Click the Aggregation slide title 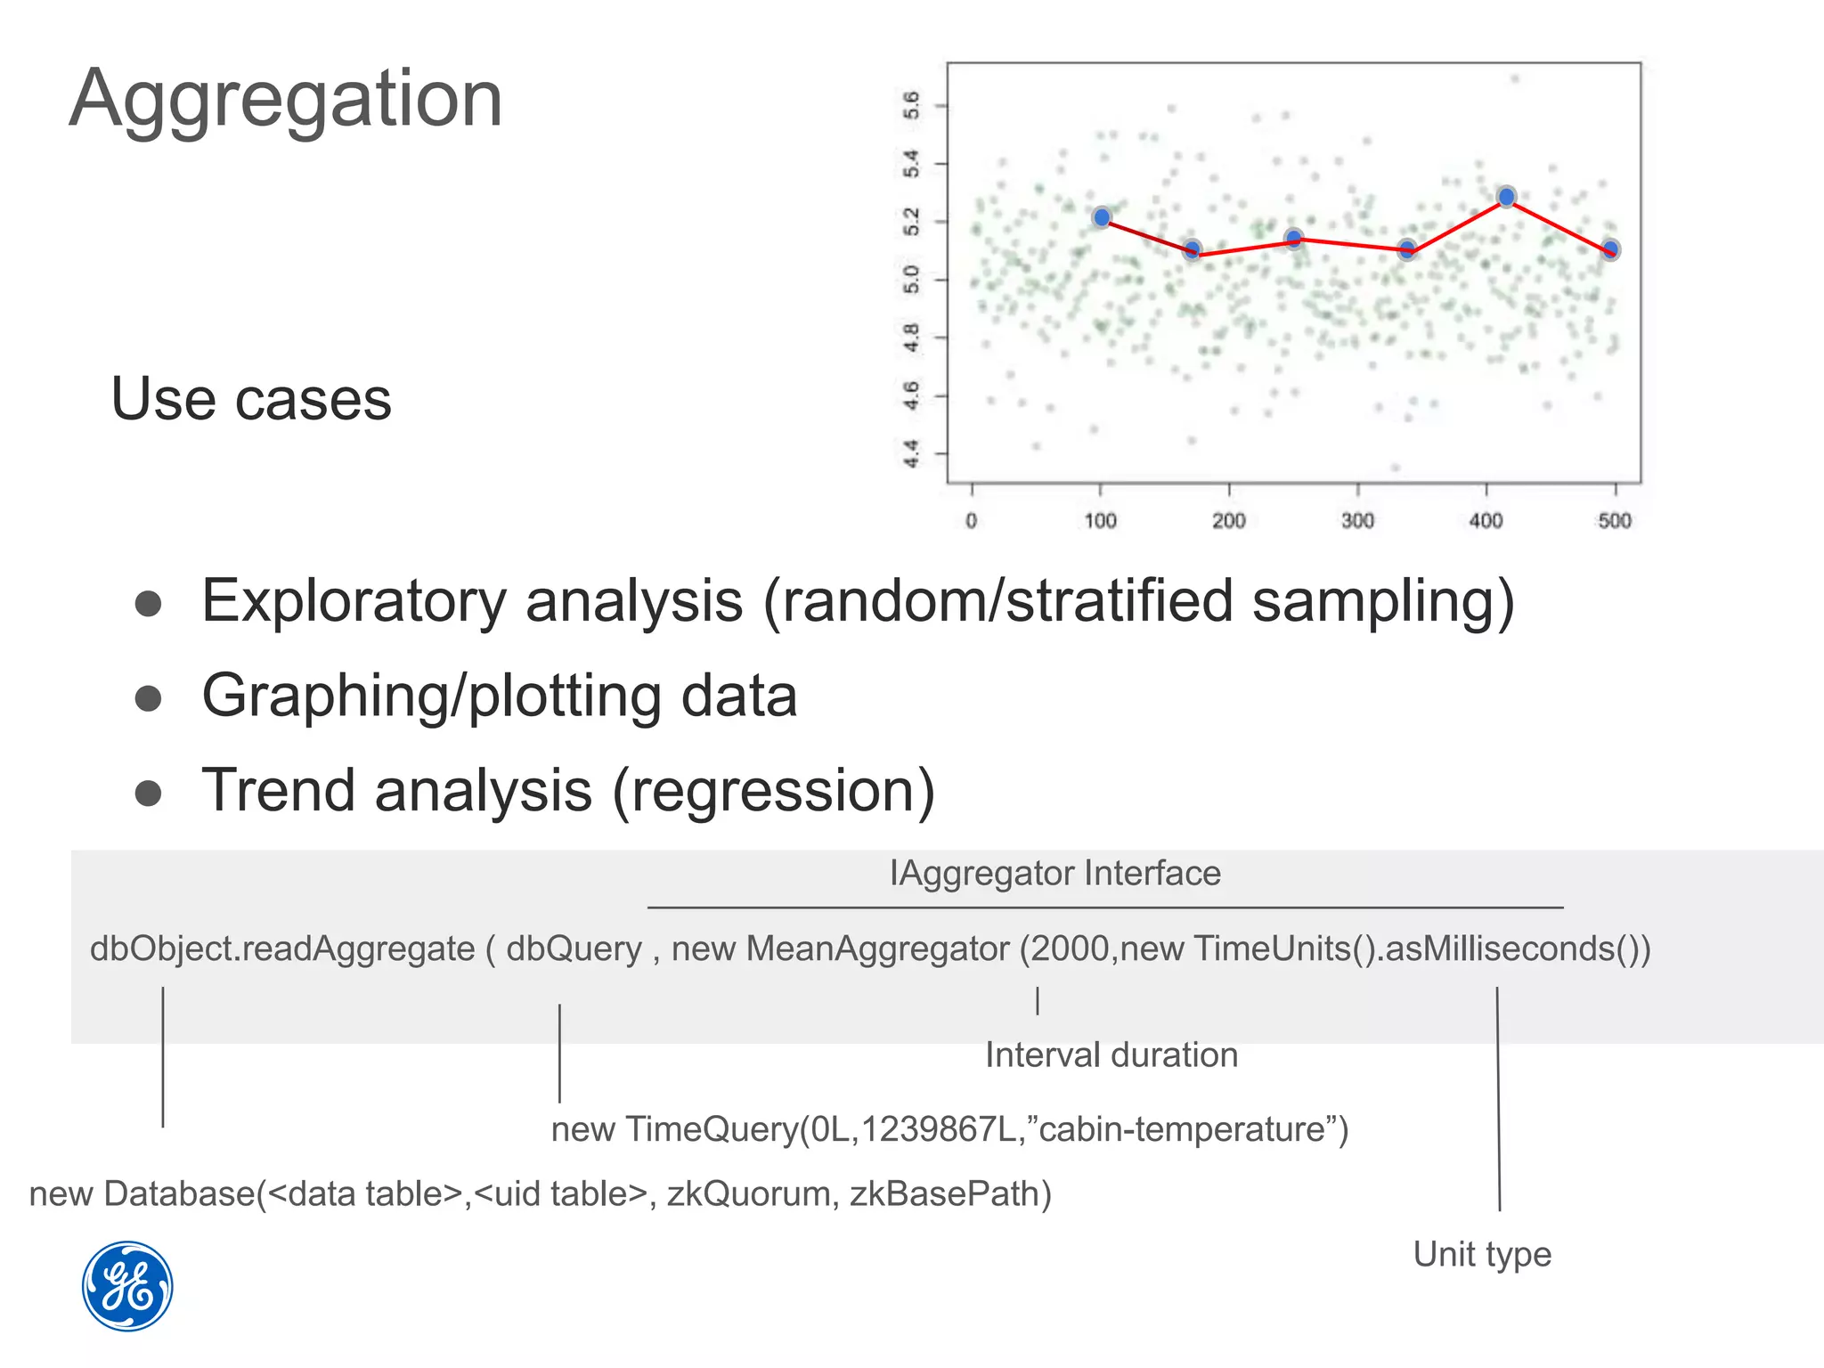pyautogui.click(x=285, y=100)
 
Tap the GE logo pyautogui.click(x=127, y=1286)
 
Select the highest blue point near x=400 pyautogui.click(x=1506, y=197)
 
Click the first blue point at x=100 pyautogui.click(x=1102, y=217)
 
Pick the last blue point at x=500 pyautogui.click(x=1610, y=250)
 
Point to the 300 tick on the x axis pyautogui.click(x=1357, y=520)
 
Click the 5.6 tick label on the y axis pyautogui.click(x=911, y=105)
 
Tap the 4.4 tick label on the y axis pyautogui.click(x=911, y=453)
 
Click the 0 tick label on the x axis pyautogui.click(x=972, y=520)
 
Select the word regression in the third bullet pyautogui.click(x=773, y=791)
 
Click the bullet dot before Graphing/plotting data pyautogui.click(x=148, y=698)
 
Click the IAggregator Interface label pyautogui.click(x=1054, y=873)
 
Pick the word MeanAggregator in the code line pyautogui.click(x=877, y=949)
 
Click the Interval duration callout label pyautogui.click(x=1111, y=1055)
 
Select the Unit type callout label pyautogui.click(x=1482, y=1254)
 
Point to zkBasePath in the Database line pyautogui.click(x=949, y=1193)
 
